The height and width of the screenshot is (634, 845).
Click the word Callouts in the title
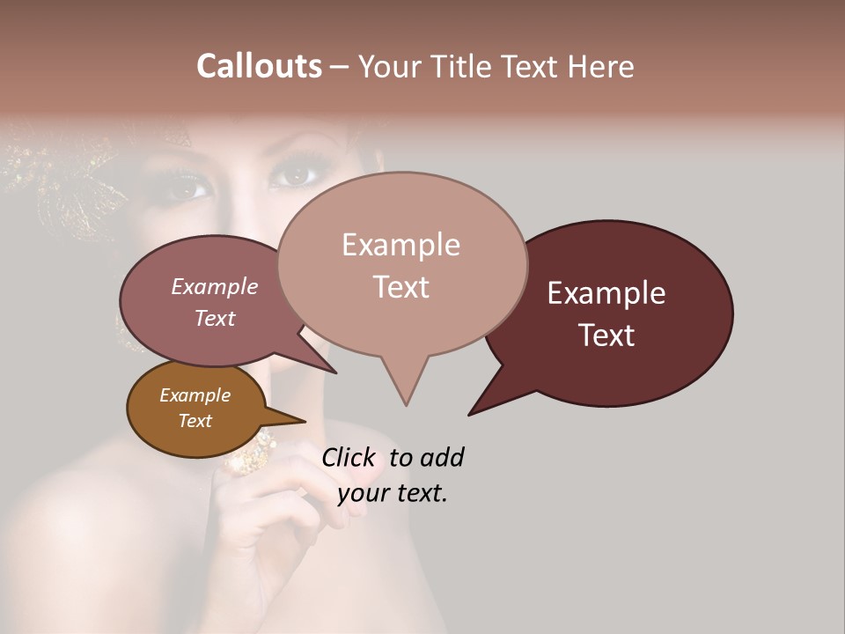pos(259,66)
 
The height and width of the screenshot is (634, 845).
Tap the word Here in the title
pos(602,66)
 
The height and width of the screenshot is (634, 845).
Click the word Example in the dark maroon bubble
pos(606,293)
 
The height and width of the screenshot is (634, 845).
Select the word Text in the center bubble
pos(401,287)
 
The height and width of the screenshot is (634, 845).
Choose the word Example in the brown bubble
pos(195,395)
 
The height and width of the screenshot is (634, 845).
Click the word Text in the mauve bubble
pos(215,319)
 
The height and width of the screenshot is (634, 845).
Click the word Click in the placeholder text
pos(348,458)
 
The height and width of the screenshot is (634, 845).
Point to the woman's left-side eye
pos(189,188)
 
